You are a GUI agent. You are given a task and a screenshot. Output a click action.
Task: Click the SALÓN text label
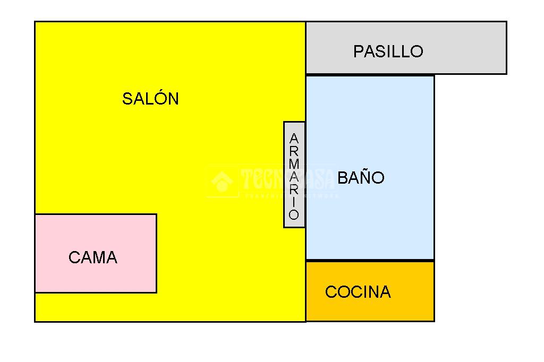150,99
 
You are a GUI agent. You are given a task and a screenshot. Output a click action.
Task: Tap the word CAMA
93,257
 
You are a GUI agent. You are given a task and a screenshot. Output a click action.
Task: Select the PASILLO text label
388,51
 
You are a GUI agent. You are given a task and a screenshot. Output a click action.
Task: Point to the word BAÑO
361,177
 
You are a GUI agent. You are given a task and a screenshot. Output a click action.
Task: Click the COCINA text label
358,292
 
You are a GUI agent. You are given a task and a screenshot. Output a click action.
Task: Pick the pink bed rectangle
96,234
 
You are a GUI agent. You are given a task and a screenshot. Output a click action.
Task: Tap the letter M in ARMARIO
294,164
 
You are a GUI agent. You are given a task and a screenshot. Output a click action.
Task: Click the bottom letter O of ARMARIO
294,215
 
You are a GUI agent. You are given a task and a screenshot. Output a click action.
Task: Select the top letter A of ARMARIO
294,139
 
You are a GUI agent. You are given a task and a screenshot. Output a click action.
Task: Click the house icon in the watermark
222,182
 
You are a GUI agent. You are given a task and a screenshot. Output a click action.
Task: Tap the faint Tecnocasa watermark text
287,180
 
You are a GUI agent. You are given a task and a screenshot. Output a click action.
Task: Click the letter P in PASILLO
359,51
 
